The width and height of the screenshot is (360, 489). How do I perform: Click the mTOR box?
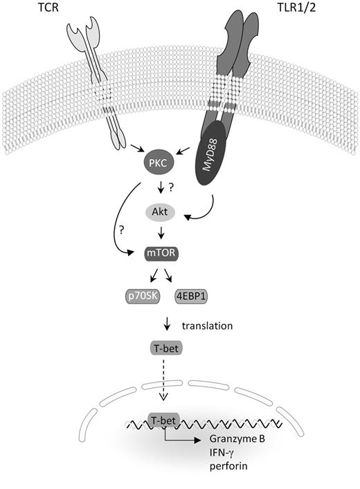click(x=161, y=255)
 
